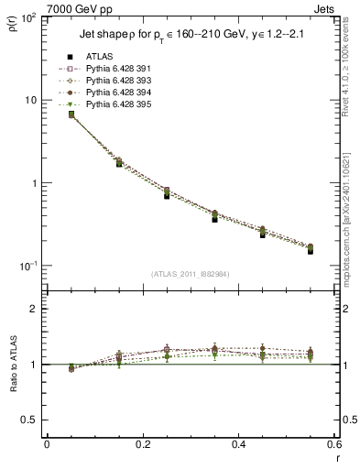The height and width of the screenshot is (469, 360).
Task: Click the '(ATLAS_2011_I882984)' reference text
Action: pos(191,274)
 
